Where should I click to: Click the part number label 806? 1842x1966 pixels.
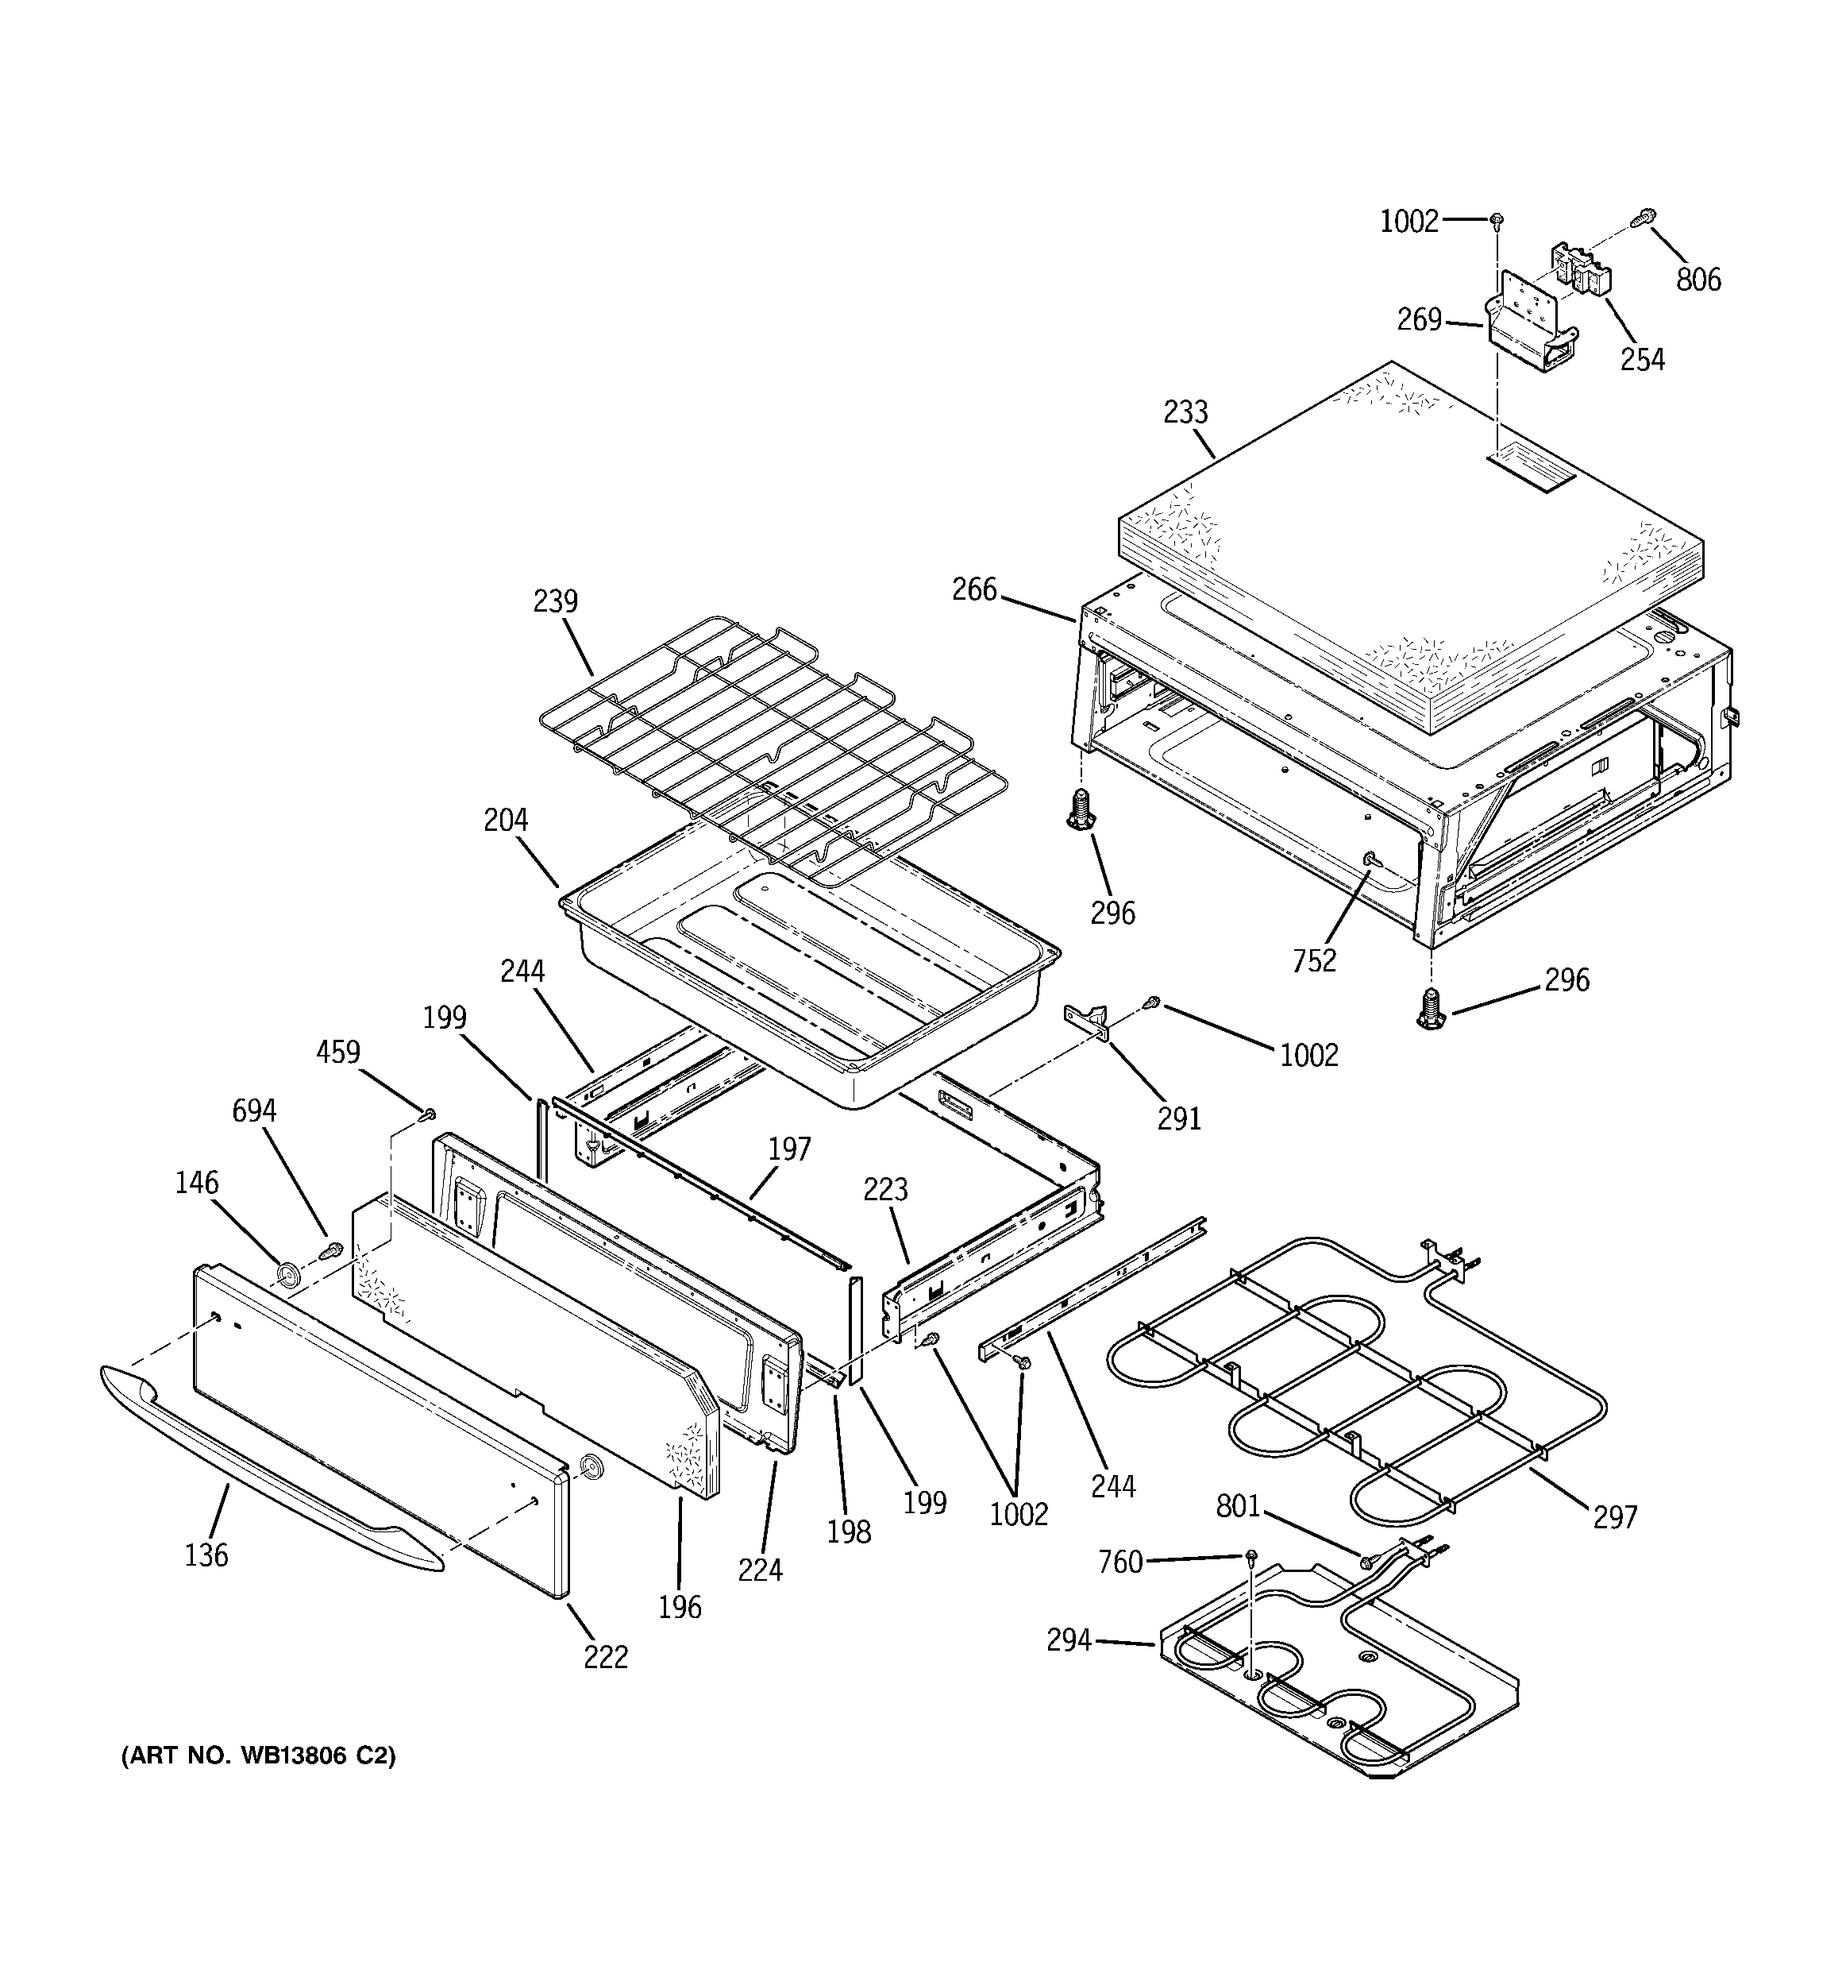point(1697,280)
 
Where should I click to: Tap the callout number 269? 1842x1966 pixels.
point(1419,319)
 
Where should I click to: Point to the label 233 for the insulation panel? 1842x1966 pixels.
point(1185,411)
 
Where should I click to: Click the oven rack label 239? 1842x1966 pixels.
point(555,601)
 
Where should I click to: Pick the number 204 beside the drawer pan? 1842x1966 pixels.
point(505,820)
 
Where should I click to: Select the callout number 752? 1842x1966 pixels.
point(1314,960)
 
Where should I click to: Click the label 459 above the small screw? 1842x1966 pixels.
point(338,1053)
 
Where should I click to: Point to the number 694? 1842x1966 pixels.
point(254,1110)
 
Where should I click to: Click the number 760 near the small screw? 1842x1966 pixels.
point(1120,1562)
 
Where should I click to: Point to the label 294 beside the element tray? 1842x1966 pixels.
point(1069,1640)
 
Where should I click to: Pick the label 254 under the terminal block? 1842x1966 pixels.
point(1641,359)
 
